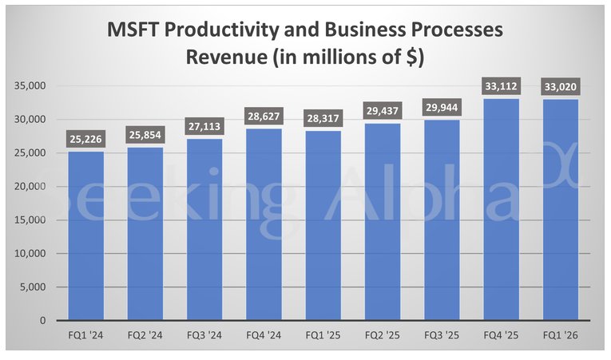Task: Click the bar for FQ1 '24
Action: click(85, 235)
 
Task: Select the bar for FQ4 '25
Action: click(501, 209)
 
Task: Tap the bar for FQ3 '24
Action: click(204, 229)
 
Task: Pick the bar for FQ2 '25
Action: click(382, 221)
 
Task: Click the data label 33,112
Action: click(501, 86)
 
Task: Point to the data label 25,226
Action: click(85, 139)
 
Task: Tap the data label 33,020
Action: click(560, 86)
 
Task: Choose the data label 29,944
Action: click(442, 108)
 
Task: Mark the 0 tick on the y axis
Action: click(41, 320)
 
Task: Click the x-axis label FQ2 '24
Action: click(145, 335)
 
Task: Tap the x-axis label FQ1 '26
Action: click(560, 335)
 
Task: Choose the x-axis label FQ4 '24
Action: click(264, 335)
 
